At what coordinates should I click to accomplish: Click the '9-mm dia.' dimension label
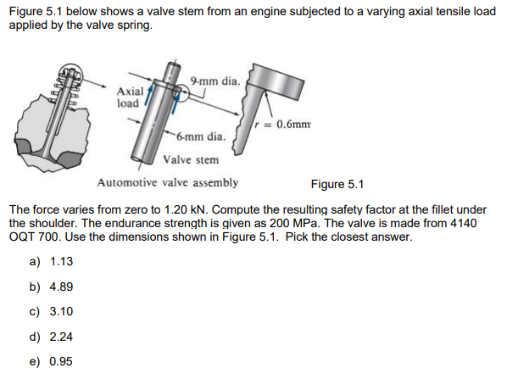click(x=216, y=81)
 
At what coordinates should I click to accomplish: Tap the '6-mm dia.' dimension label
click(x=201, y=136)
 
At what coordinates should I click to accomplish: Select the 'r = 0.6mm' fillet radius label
click(x=287, y=123)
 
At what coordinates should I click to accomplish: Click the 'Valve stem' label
click(x=191, y=159)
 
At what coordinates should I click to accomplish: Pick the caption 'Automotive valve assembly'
click(x=167, y=182)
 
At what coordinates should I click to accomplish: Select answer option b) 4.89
click(x=53, y=287)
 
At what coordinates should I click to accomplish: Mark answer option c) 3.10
click(x=53, y=311)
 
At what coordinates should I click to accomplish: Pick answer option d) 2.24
click(x=53, y=336)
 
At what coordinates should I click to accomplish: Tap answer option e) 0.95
click(x=53, y=360)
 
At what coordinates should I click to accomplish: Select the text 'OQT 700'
click(x=31, y=237)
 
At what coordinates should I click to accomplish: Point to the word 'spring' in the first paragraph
click(x=135, y=25)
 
